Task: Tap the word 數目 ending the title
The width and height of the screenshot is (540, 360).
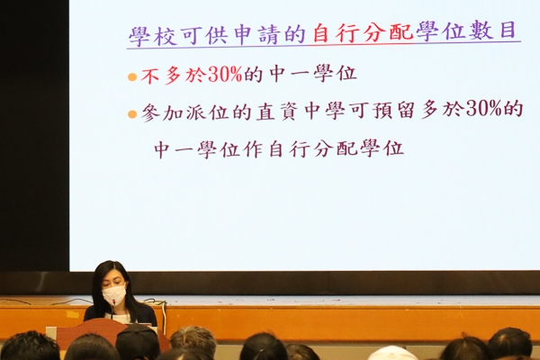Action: pyautogui.click(x=494, y=31)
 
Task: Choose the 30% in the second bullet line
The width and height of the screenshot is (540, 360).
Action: pyautogui.click(x=482, y=109)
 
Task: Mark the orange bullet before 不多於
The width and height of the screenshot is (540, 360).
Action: pyautogui.click(x=132, y=76)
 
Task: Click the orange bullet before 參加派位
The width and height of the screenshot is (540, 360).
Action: pyautogui.click(x=132, y=114)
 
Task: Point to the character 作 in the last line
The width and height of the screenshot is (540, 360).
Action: pyautogui.click(x=253, y=149)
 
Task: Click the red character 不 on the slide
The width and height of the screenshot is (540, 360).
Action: pyautogui.click(x=149, y=76)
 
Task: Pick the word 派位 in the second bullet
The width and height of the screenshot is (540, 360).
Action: pyautogui.click(x=207, y=112)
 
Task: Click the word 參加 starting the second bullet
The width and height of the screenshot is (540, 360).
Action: pyautogui.click(x=161, y=113)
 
